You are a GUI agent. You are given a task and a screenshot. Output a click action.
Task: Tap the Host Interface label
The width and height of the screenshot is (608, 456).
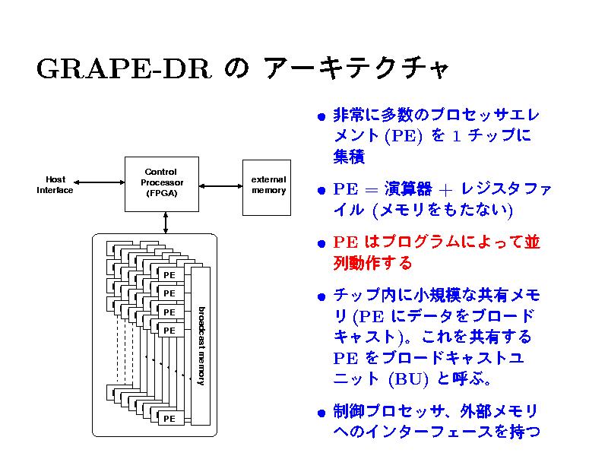[55, 185]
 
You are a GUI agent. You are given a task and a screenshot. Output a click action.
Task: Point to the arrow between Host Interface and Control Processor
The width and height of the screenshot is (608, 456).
[100, 183]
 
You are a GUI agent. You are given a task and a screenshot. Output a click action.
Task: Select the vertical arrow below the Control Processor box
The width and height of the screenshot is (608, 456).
[165, 221]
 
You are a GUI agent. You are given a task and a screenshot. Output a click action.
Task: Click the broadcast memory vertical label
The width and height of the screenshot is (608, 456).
[201, 346]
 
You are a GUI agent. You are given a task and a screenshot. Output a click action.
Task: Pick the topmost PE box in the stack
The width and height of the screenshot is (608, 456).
[169, 274]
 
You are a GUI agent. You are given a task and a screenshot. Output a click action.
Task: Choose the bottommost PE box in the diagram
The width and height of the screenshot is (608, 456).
[169, 418]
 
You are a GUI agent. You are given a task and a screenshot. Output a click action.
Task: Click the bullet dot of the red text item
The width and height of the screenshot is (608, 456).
[322, 245]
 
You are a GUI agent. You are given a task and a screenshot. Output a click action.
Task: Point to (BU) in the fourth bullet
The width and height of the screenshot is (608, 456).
[403, 378]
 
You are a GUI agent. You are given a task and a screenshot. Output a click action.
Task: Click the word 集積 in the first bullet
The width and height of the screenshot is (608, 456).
[349, 157]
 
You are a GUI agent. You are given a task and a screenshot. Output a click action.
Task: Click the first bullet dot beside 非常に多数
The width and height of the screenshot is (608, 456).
[322, 118]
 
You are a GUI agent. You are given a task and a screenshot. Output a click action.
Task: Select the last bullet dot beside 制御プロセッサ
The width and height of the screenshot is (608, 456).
[322, 414]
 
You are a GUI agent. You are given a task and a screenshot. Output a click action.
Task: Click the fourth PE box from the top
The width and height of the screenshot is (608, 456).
[169, 331]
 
